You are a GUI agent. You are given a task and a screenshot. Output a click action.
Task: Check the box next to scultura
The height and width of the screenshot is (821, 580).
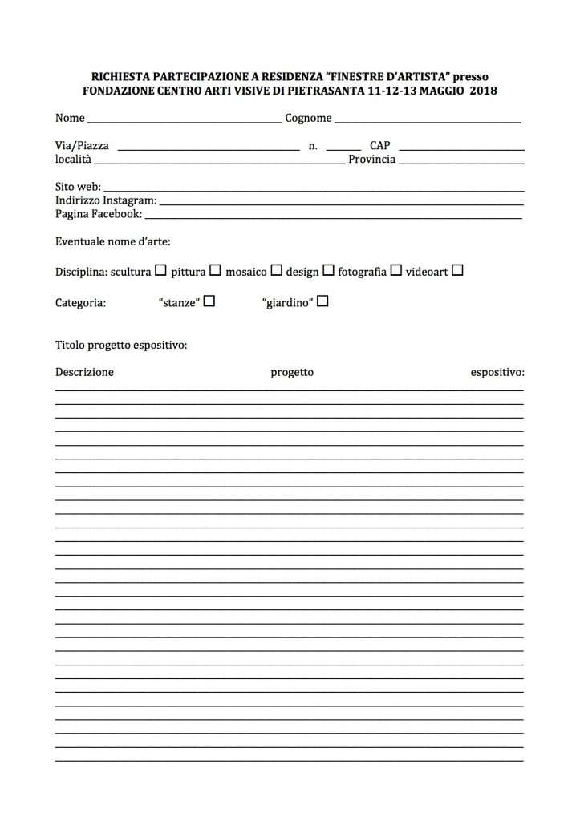(160, 271)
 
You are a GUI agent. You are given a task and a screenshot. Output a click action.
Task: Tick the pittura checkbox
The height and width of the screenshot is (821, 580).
(215, 271)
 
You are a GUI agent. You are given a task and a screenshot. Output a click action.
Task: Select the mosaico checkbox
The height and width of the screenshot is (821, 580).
(276, 271)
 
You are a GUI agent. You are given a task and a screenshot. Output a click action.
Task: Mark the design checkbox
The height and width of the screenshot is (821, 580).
(328, 271)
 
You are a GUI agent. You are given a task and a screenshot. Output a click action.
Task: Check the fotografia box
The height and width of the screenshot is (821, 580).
(395, 271)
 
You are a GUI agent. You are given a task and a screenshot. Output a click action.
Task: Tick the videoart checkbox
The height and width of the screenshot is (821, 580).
(457, 271)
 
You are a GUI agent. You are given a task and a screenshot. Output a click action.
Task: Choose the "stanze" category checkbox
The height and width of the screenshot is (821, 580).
(209, 302)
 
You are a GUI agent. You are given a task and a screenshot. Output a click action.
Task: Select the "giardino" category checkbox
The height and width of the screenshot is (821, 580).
(323, 302)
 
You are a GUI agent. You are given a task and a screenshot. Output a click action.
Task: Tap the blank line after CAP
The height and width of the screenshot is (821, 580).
(461, 148)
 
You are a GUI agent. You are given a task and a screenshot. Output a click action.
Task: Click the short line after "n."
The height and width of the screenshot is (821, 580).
(343, 148)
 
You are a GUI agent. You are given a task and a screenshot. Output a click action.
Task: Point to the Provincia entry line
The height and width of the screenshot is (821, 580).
(460, 162)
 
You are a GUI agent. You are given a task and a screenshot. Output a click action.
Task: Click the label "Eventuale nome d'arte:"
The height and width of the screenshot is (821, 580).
(113, 241)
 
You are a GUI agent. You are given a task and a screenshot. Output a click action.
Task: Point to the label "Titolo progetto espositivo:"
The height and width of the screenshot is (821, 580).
(121, 346)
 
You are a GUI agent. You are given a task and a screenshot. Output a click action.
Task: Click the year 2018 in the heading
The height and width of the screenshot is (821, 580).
(484, 91)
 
